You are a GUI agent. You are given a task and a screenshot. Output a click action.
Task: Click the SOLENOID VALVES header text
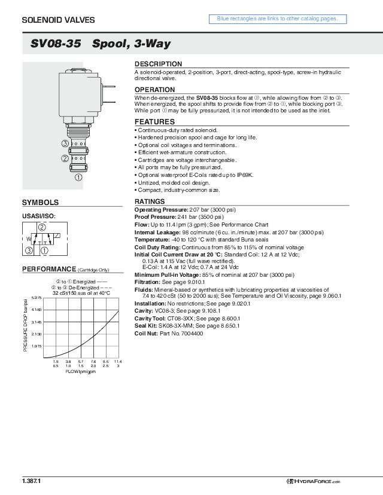[x=58, y=20]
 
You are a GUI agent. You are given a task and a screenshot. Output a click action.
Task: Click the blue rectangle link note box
[x=277, y=19]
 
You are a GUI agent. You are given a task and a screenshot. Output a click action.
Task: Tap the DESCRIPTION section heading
[x=158, y=64]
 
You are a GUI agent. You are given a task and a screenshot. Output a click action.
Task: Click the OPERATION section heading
[x=154, y=90]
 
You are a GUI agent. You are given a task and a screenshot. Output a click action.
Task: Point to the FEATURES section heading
[x=154, y=122]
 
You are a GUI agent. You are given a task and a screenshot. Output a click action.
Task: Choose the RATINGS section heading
[x=150, y=201]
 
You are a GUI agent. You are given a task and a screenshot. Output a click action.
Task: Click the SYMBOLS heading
[x=41, y=203]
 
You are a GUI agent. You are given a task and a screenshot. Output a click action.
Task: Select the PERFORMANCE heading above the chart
[x=49, y=269]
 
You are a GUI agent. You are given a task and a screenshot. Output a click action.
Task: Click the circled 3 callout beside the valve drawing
[x=65, y=143]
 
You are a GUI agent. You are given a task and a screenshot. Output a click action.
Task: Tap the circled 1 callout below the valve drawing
[x=78, y=177]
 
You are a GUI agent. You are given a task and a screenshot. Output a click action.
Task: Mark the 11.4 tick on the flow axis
[x=118, y=362]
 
